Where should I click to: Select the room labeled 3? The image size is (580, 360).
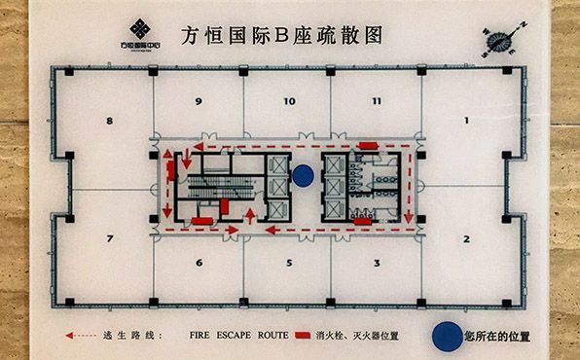pos(376,263)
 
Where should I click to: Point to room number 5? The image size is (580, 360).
pos(288,263)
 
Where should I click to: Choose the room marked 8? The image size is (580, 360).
pos(110,121)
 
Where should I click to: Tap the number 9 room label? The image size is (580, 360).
pos(199,100)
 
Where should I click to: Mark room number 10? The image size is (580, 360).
pos(289,100)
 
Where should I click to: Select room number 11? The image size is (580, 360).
pos(377,100)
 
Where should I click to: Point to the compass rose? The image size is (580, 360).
pos(499,40)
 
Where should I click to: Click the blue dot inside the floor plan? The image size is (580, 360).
pos(303,175)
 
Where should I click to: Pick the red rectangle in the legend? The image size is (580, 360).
pos(306,336)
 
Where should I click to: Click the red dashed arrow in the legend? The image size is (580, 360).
pos(81,336)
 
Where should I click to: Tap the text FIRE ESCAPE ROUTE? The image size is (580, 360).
pos(238,335)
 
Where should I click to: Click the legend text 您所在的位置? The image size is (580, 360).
pos(497,336)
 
